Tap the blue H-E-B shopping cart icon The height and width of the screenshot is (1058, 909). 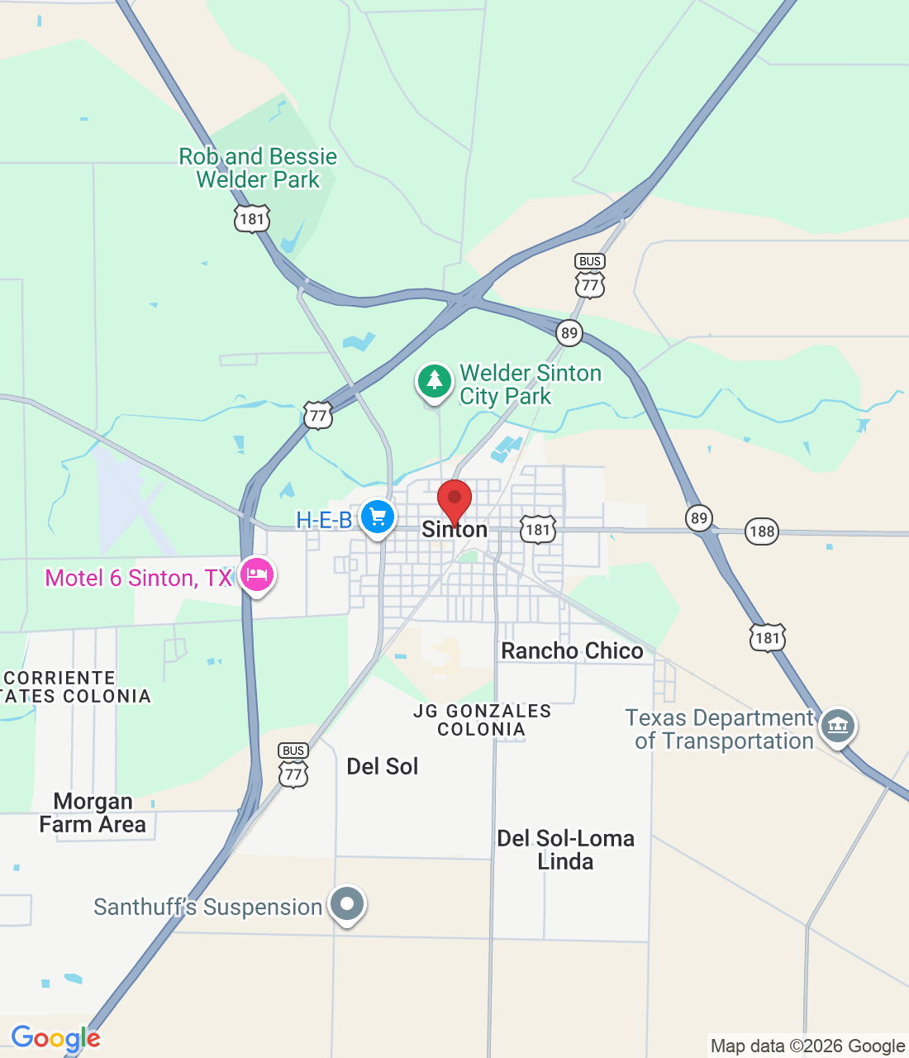pyautogui.click(x=378, y=517)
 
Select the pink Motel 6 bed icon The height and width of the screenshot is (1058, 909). pyautogui.click(x=256, y=575)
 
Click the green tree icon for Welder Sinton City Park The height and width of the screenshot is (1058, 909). pyautogui.click(x=434, y=382)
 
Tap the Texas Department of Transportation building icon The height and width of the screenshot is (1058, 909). pyautogui.click(x=838, y=727)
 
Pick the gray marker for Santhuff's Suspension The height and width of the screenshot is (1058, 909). pyautogui.click(x=347, y=903)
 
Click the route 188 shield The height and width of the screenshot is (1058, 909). pyautogui.click(x=761, y=531)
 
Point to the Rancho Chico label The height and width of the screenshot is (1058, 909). pyautogui.click(x=572, y=651)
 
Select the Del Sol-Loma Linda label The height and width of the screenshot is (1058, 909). pyautogui.click(x=565, y=850)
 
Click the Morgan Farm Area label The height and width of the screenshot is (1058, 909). pyautogui.click(x=93, y=813)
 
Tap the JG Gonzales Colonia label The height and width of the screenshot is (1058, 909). pyautogui.click(x=482, y=720)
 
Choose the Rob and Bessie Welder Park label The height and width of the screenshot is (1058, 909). pyautogui.click(x=258, y=168)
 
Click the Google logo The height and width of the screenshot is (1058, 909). pyautogui.click(x=55, y=1038)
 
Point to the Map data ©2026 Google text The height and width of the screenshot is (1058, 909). pyautogui.click(x=807, y=1046)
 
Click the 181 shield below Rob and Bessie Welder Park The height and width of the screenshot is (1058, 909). pyautogui.click(x=251, y=219)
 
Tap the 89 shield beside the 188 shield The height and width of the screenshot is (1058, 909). pyautogui.click(x=699, y=518)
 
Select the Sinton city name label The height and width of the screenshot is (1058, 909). pyautogui.click(x=454, y=530)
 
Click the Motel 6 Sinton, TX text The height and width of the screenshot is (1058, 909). pyautogui.click(x=139, y=578)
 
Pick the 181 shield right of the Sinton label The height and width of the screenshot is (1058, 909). pyautogui.click(x=538, y=530)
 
